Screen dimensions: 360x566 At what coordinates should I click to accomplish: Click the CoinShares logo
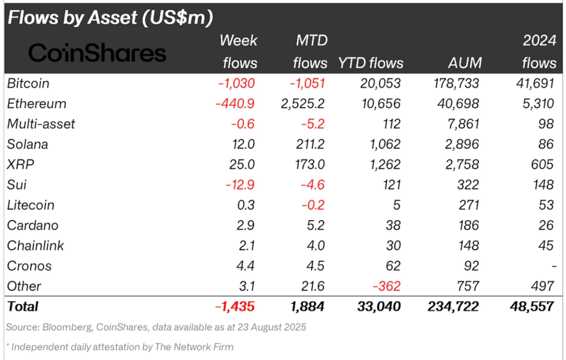tap(97, 53)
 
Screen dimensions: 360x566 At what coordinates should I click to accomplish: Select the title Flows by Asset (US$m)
tap(110, 17)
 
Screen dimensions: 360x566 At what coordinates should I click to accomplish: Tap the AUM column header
tap(464, 62)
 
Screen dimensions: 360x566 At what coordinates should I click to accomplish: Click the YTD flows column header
tap(370, 62)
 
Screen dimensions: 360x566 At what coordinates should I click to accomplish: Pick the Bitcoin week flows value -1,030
tap(236, 83)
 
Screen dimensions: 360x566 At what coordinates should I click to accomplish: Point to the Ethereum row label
tap(36, 104)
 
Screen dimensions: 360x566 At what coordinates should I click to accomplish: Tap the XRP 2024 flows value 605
tap(543, 165)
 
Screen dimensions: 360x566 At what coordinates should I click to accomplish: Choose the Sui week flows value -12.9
tap(239, 185)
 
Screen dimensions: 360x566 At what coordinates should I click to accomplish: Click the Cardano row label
tap(32, 225)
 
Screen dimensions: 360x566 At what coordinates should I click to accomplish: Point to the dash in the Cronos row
tap(553, 266)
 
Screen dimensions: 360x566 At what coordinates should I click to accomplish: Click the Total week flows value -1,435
tap(234, 306)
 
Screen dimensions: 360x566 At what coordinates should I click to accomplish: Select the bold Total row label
tap(23, 306)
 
